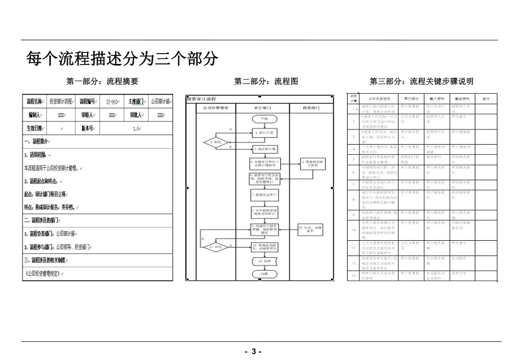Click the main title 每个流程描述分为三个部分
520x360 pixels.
click(122, 58)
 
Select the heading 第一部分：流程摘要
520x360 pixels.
click(102, 81)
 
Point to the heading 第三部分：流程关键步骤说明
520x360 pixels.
click(421, 81)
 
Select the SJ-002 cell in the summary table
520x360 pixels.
click(112, 102)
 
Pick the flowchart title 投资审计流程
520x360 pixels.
click(202, 98)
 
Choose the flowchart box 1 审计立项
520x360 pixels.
click(264, 133)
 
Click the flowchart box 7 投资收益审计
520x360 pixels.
click(264, 194)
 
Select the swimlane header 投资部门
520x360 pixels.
click(310, 107)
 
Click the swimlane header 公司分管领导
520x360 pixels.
click(211, 107)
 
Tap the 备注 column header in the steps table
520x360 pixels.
click(485, 98)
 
